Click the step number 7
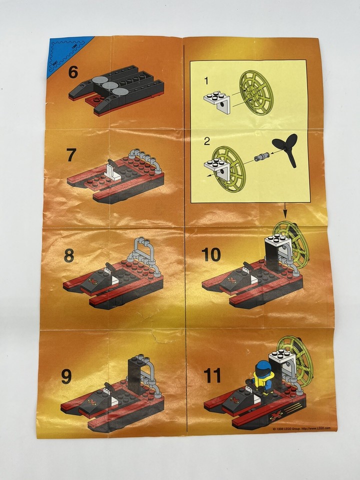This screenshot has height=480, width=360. (72, 155)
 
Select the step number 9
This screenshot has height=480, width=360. (66, 376)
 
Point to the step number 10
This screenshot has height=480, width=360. (211, 254)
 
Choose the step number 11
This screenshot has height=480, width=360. (213, 374)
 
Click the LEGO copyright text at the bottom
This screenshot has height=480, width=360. (301, 428)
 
